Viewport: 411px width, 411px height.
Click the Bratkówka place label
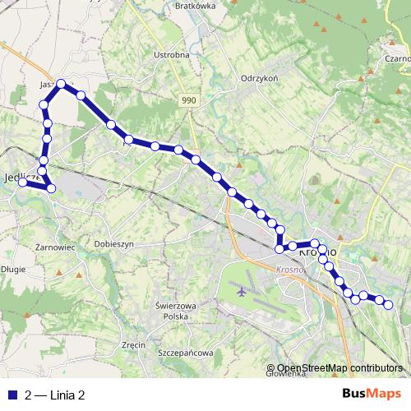[x=195, y=4]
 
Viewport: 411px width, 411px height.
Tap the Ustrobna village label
[x=172, y=55]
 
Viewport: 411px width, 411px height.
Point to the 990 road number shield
[x=190, y=99]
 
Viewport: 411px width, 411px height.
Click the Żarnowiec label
[x=57, y=245]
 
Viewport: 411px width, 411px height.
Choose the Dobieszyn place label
[x=114, y=244]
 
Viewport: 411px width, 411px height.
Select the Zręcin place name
[x=133, y=344]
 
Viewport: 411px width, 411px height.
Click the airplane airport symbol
[x=241, y=290]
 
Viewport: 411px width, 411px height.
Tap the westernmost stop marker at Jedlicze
[x=23, y=182]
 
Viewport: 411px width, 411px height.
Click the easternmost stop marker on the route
[x=389, y=306]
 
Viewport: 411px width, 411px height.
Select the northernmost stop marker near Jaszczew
[x=61, y=83]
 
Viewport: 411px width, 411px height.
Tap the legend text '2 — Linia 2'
[x=55, y=395]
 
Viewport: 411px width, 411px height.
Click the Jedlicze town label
[x=18, y=176]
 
